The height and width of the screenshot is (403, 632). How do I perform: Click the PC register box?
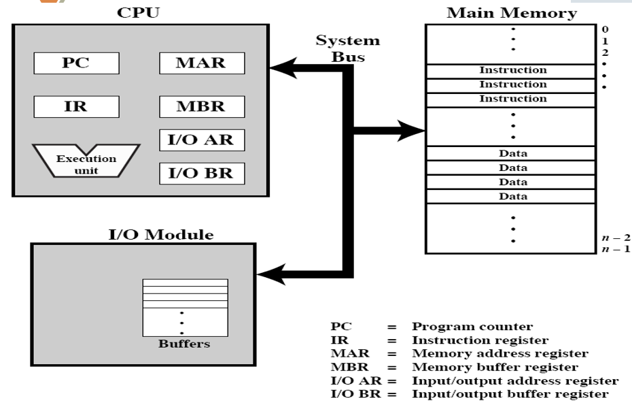tap(76, 64)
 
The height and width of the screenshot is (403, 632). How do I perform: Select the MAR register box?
tap(202, 64)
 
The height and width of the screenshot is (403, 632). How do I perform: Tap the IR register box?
tap(76, 107)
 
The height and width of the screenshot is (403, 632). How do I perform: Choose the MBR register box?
tap(202, 107)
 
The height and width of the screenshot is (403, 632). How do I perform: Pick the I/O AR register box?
tap(202, 140)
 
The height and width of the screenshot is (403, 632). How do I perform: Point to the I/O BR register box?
tap(202, 173)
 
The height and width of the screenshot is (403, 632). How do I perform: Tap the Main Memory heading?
tap(511, 13)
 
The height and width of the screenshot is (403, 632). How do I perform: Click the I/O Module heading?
tap(161, 236)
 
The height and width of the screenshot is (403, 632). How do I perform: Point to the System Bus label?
tap(348, 48)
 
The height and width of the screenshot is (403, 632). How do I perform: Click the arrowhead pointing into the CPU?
tap(281, 68)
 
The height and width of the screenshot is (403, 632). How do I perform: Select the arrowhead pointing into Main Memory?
tap(412, 129)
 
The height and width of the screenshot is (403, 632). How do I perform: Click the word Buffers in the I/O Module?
tap(184, 344)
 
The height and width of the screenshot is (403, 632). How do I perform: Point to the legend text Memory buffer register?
tap(495, 368)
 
